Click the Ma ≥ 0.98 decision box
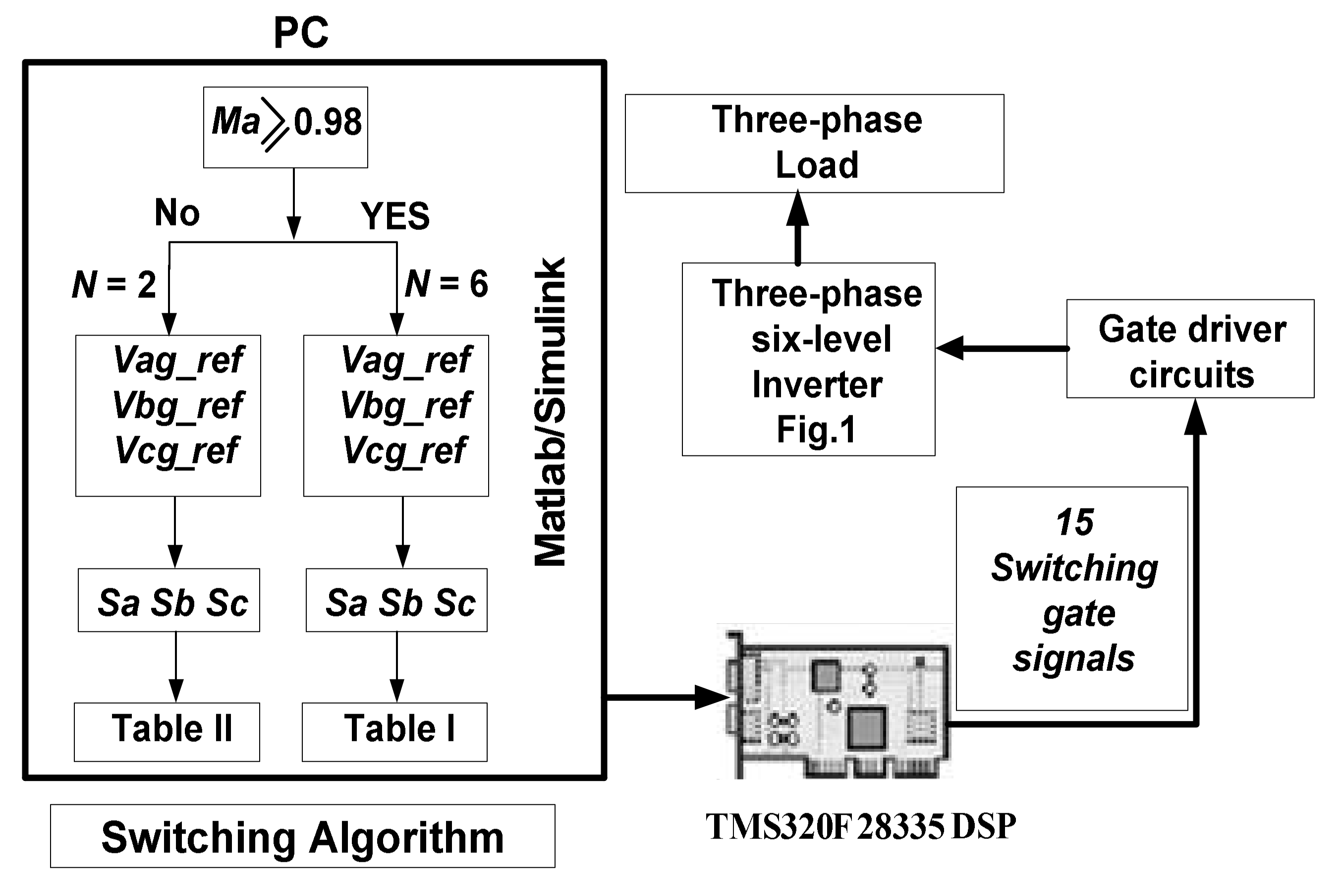pos(285,127)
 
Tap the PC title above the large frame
pos(301,33)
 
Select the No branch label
pos(177,213)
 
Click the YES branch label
pos(395,216)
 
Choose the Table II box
pos(167,732)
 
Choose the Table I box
pos(394,732)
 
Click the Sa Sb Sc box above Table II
pos(169,600)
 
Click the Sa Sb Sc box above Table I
pos(396,600)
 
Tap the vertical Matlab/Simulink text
pos(550,412)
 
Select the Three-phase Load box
pos(814,144)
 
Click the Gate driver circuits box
pos(1190,349)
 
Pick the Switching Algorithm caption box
pos(302,837)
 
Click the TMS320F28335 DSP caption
pos(860,827)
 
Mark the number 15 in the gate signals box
pos(1073,522)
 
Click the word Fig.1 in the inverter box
pos(816,430)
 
